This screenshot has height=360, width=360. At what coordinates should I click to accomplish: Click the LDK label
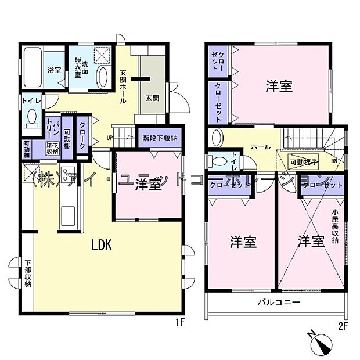(101, 245)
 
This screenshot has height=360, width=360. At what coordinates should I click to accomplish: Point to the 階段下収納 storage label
(160, 138)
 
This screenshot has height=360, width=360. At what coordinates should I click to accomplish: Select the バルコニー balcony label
(279, 303)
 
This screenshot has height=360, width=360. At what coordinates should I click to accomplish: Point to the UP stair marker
(109, 138)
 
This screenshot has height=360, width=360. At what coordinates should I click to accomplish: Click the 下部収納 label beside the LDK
(27, 271)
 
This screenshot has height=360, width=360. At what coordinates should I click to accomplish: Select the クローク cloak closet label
(82, 135)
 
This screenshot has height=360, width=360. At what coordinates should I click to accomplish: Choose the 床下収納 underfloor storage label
(52, 147)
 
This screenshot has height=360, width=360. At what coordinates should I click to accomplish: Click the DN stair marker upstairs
(333, 161)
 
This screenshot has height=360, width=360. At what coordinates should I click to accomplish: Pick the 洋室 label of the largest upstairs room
(279, 87)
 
